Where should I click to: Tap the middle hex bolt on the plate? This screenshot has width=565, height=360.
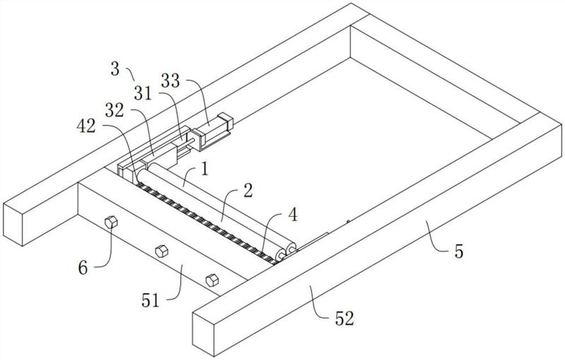point(161,250)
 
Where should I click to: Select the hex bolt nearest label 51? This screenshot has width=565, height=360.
point(210,280)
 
